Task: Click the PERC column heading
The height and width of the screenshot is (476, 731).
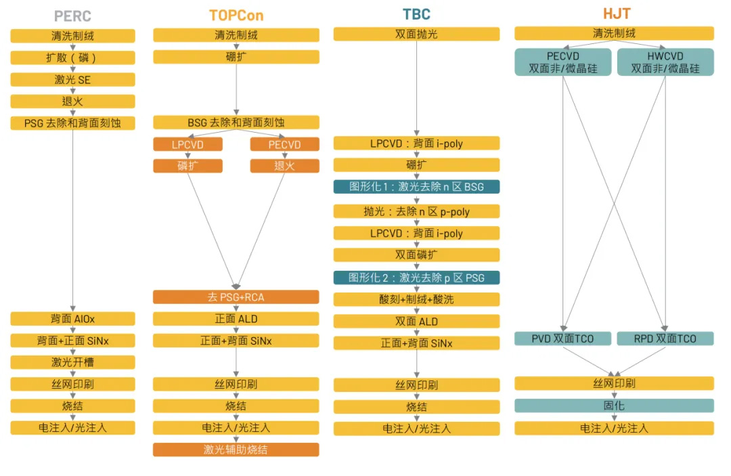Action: tap(72, 15)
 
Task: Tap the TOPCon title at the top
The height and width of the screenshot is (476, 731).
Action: tap(236, 15)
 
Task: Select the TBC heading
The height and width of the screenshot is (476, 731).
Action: tap(416, 14)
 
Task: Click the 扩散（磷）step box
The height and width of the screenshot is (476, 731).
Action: tap(72, 58)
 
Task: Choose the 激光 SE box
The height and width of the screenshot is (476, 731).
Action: tap(72, 79)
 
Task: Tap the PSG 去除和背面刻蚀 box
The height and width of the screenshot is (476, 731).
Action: tap(72, 123)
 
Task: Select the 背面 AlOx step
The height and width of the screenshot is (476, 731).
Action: tap(72, 318)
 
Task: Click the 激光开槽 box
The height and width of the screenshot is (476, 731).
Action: tap(72, 362)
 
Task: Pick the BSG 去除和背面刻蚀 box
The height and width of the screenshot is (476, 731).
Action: tap(236, 123)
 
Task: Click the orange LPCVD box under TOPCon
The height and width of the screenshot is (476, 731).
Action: tap(187, 144)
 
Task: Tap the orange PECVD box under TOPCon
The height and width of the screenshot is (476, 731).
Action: tap(284, 144)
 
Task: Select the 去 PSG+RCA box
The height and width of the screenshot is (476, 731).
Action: tap(236, 297)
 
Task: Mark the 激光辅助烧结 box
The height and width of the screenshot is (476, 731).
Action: tap(236, 450)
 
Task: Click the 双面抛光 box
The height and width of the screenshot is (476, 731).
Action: tap(416, 34)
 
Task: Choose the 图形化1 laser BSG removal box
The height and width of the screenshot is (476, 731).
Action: tap(416, 186)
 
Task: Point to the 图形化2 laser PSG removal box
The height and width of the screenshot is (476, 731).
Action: tap(416, 278)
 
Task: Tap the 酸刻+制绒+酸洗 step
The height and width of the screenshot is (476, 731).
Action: tap(416, 299)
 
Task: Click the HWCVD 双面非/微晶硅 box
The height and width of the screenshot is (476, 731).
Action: tap(665, 62)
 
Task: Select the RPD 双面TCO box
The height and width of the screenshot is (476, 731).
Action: tap(665, 339)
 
